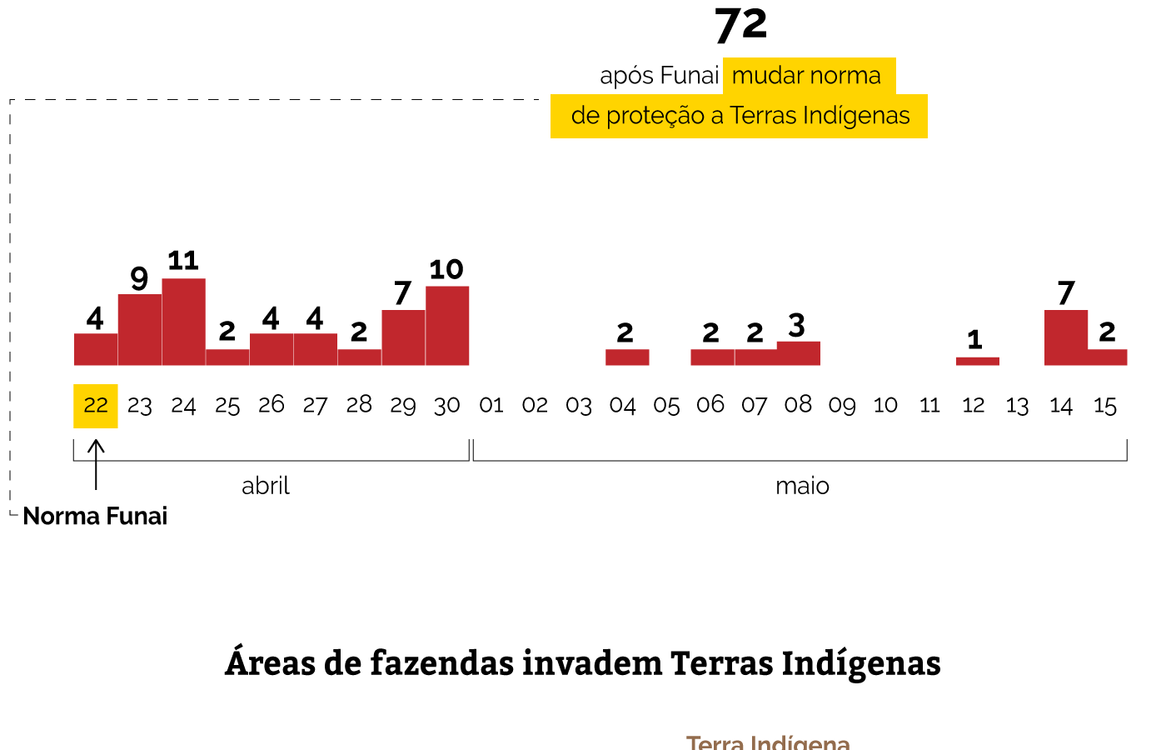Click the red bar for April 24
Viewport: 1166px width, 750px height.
(183, 322)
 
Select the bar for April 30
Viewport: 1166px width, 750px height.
(447, 326)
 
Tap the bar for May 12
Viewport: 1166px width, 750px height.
(977, 361)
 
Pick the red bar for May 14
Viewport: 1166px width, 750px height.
(1065, 337)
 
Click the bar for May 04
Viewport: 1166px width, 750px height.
(626, 357)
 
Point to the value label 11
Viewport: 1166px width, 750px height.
(183, 261)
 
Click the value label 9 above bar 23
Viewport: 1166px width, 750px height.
(139, 278)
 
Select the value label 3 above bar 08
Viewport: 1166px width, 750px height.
(797, 325)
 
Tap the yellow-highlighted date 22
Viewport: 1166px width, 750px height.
(96, 406)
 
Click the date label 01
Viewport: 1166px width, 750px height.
(491, 406)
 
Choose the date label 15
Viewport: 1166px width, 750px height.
(1104, 406)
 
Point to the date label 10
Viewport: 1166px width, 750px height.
(885, 406)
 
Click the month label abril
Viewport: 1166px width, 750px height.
(266, 486)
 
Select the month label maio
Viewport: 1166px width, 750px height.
(802, 486)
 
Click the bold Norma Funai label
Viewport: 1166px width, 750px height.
(95, 516)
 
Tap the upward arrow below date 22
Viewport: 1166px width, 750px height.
(97, 463)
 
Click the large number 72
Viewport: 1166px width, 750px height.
(740, 26)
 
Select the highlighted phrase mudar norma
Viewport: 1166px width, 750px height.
(806, 76)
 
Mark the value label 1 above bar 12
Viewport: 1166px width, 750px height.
(975, 340)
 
